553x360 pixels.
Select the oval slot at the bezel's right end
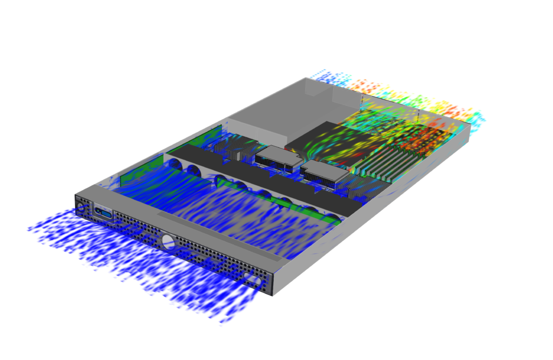[x=251, y=278]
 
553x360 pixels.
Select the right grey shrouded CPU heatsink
[x=323, y=174]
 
